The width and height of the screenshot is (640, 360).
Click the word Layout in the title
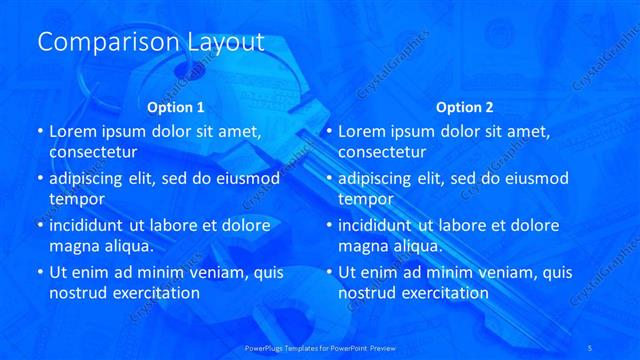click(x=225, y=43)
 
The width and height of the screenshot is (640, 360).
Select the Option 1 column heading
click(x=176, y=106)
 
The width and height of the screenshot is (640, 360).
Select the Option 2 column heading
click(x=465, y=106)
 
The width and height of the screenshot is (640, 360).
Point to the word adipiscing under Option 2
click(x=380, y=178)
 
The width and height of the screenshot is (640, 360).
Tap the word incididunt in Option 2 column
click(x=380, y=225)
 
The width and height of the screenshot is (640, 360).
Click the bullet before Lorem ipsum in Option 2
click(x=328, y=131)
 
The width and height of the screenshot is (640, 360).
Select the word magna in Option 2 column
click(x=362, y=245)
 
